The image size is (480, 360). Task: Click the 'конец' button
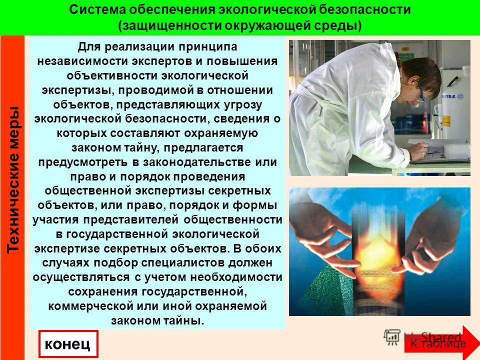click(67, 344)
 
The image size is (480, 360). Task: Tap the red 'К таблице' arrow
click(438, 343)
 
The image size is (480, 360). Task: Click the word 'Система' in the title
click(97, 10)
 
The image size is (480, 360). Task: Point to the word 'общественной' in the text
click(86, 191)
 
